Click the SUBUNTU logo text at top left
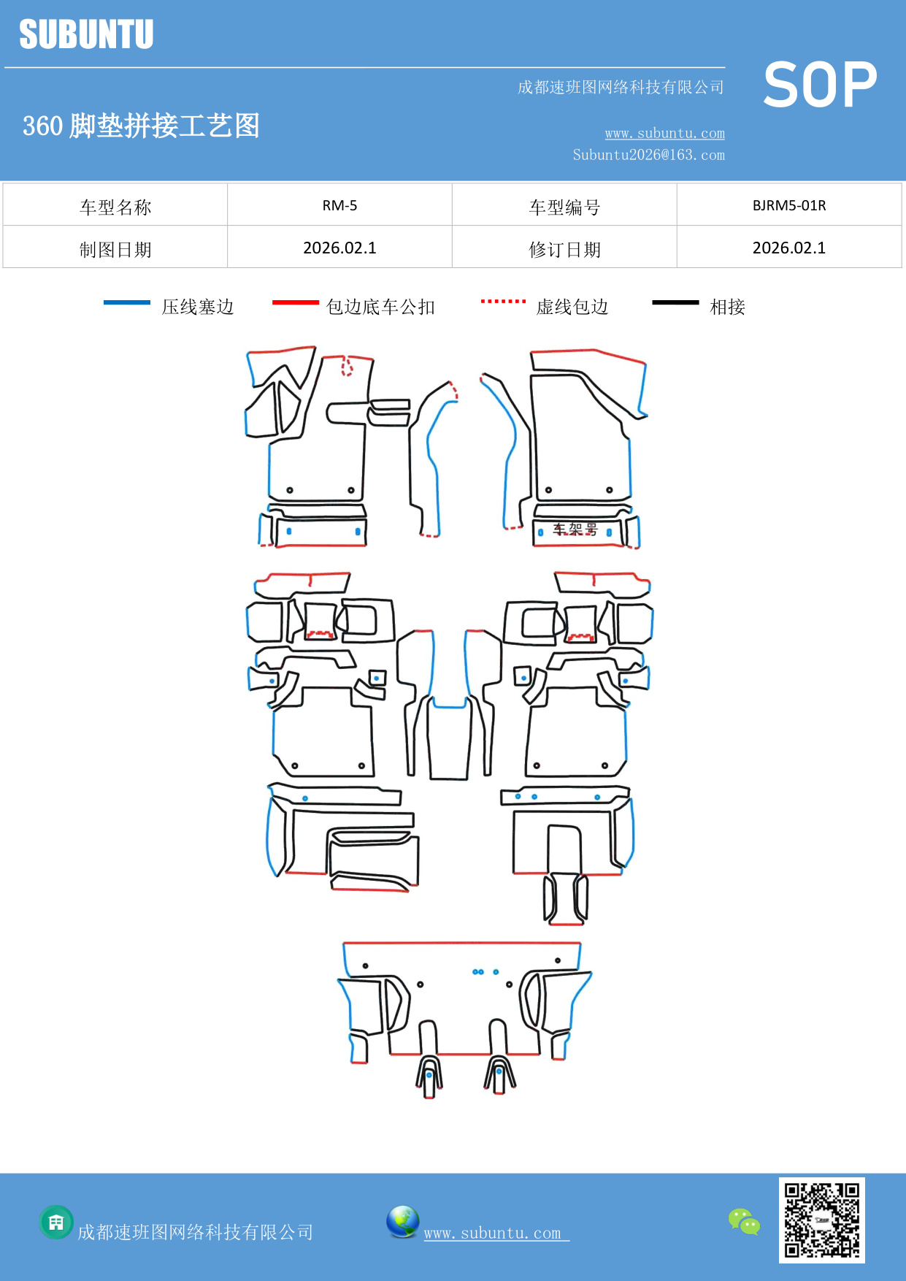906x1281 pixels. point(86,34)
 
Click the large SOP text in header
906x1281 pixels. point(820,85)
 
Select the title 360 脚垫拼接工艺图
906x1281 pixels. point(141,126)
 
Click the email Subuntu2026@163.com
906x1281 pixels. point(648,155)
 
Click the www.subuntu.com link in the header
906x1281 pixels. point(664,133)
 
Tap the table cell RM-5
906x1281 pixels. point(339,205)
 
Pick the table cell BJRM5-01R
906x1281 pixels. point(788,205)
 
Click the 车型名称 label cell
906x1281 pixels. point(115,207)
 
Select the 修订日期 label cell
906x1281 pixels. point(564,250)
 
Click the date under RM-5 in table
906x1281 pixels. point(339,248)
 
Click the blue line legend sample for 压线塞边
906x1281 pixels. point(126,302)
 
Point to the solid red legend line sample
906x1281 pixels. point(295,302)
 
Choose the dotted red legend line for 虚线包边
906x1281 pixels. point(503,301)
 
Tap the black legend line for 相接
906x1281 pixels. point(675,302)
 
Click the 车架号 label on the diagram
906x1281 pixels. point(575,529)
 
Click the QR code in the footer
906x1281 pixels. point(821,1220)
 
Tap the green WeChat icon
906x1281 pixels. point(744,1221)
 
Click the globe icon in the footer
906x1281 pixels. point(402,1221)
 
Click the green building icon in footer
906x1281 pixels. point(56,1222)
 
